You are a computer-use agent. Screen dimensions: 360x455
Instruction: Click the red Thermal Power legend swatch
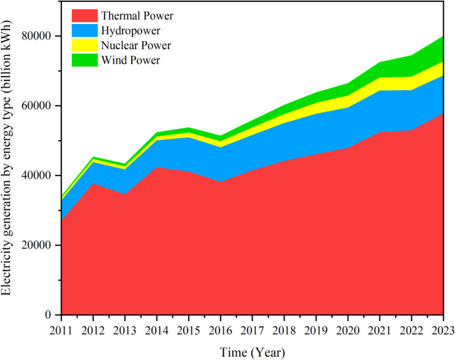pyautogui.click(x=84, y=16)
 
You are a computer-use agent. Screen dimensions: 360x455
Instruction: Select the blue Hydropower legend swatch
pyautogui.click(x=84, y=30)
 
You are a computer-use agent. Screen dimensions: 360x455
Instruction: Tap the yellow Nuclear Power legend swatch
pyautogui.click(x=84, y=45)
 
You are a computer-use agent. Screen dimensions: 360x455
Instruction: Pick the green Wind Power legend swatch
pyautogui.click(x=84, y=60)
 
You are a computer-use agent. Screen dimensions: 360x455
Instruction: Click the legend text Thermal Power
pyautogui.click(x=137, y=16)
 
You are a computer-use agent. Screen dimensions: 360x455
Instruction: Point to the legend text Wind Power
pyautogui.click(x=130, y=60)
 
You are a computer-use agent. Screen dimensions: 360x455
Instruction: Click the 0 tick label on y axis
pyautogui.click(x=52, y=315)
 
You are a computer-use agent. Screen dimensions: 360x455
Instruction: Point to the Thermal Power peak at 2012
pyautogui.click(x=93, y=183)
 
